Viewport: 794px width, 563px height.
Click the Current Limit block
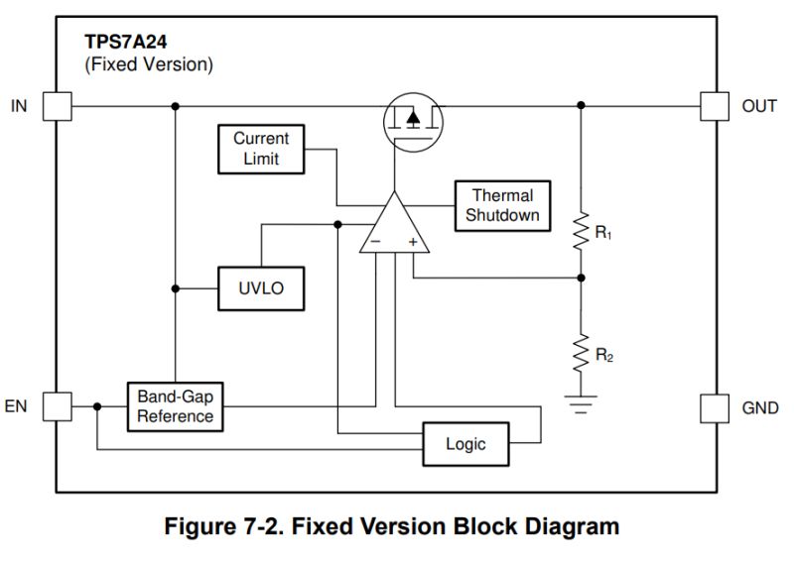262,149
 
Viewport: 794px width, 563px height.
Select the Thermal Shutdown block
502,206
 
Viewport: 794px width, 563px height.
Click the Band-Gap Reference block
175,406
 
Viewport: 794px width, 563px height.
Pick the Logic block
465,444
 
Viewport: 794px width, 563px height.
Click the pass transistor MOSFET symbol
414,119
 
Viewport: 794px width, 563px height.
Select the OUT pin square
715,106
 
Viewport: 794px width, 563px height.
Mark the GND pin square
715,407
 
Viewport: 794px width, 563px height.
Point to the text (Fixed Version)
149,65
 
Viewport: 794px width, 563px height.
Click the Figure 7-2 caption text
397,526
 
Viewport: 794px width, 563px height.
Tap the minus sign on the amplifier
375,241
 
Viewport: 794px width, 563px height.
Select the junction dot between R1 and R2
582,279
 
